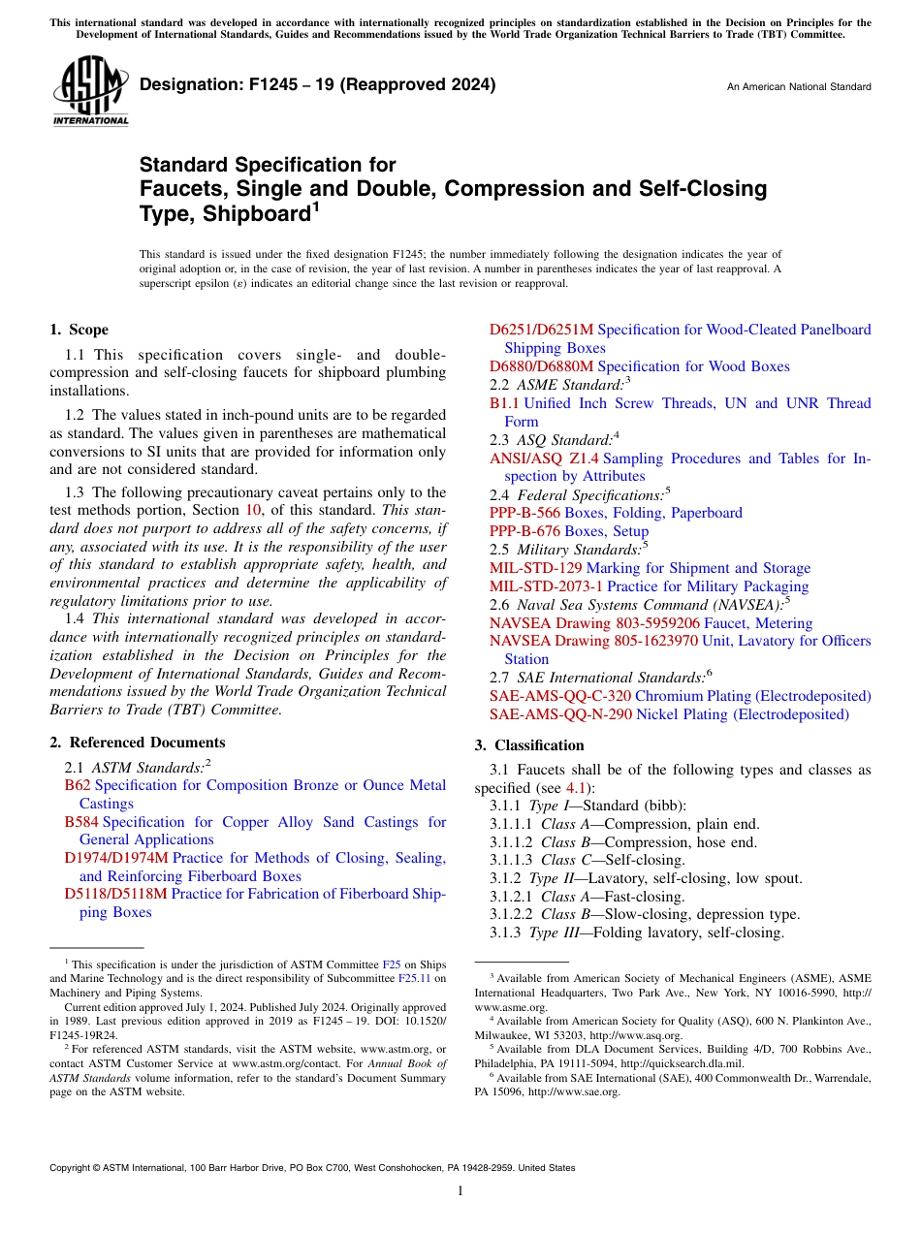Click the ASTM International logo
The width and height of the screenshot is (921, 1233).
coord(90,91)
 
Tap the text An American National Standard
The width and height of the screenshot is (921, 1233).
coord(798,87)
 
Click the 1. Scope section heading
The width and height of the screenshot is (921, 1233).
coord(79,330)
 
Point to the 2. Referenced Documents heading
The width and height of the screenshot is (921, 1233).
coord(137,743)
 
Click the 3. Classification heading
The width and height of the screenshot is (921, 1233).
coord(528,745)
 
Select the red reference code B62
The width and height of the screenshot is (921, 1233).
coord(78,785)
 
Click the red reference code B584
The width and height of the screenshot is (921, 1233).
coord(81,822)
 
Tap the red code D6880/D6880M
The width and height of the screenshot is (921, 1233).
coord(541,366)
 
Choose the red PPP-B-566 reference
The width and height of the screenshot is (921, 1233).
coord(524,513)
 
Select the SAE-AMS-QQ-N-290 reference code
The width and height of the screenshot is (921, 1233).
coord(560,714)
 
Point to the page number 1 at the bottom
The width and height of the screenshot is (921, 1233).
coord(460,1191)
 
